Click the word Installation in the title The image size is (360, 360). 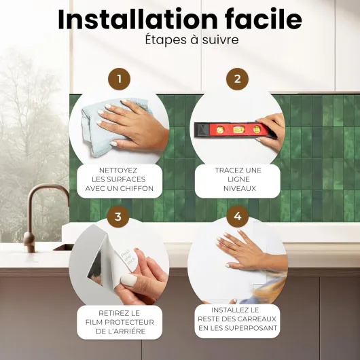[138, 20]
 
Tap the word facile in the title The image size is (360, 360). [263, 19]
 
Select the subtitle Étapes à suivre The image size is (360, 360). [192, 39]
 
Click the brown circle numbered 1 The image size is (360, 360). [119, 79]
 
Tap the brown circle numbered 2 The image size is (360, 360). [238, 79]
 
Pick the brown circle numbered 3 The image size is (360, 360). [118, 216]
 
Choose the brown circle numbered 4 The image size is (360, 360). [238, 216]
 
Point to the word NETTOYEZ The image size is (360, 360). [118, 170]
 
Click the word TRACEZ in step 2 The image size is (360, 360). [226, 170]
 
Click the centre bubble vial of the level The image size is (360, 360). [238, 130]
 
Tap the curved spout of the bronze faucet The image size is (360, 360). [47, 191]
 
